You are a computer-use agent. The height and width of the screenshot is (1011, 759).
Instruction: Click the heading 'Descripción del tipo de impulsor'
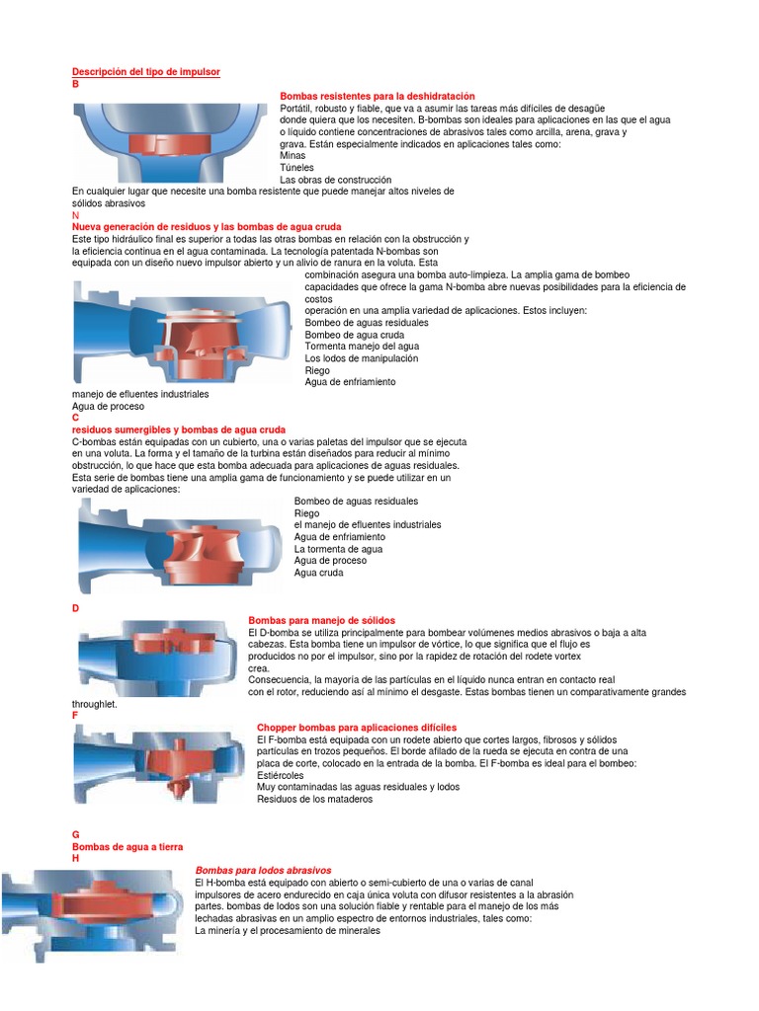146,72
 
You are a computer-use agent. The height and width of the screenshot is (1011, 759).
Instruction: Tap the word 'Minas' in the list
293,156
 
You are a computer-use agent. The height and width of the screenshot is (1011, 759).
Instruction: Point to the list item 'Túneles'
297,168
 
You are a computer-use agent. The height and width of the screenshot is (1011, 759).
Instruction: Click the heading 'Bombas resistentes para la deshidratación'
378,96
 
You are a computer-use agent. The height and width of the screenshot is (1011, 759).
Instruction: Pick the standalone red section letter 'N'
76,215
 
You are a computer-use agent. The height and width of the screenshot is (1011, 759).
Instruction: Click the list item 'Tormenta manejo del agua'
362,347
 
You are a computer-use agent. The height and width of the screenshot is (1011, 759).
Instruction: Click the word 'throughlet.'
95,704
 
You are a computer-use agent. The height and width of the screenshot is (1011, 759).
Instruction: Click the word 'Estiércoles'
282,775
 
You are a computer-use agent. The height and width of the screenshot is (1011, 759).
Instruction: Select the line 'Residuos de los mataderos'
315,799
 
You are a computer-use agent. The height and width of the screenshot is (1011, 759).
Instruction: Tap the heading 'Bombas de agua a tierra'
127,847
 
